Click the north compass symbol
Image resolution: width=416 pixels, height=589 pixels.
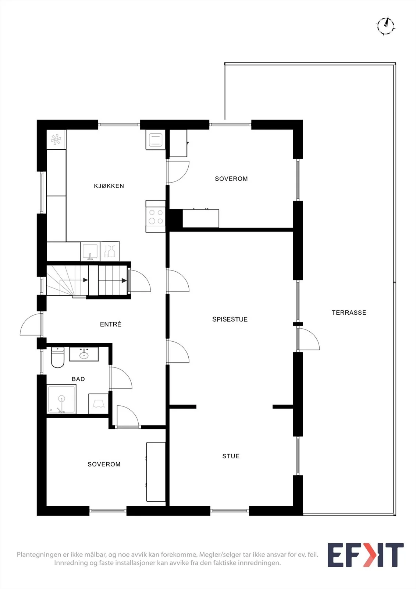coord(385,26)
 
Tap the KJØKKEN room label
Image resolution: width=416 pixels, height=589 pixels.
coord(109,186)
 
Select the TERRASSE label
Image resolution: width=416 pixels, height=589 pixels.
coord(349,313)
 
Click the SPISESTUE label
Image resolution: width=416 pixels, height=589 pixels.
coord(230,319)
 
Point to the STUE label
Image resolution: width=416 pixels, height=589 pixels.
coord(231,456)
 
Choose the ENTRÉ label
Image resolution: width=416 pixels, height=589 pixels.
coord(110,324)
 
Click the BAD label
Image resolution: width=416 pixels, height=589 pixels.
coord(78,379)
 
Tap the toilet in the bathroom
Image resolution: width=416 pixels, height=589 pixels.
coord(57,357)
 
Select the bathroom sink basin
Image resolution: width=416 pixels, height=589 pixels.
coord(84,354)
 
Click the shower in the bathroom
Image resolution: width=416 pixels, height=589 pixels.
coord(61,399)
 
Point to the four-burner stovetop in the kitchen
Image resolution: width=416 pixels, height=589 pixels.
coord(156,216)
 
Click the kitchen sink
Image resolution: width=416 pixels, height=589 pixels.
coord(90,252)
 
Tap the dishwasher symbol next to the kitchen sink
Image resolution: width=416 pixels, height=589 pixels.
coord(110,252)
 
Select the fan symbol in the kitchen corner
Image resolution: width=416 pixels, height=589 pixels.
coord(56,140)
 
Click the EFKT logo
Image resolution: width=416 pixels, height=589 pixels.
coord(366,555)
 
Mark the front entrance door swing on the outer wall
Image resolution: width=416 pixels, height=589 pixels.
coord(31,324)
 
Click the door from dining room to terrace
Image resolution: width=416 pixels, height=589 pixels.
coord(308,339)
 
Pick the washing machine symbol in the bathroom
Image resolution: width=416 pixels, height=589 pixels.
coord(98,403)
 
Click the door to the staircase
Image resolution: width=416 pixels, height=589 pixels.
coord(139,281)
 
